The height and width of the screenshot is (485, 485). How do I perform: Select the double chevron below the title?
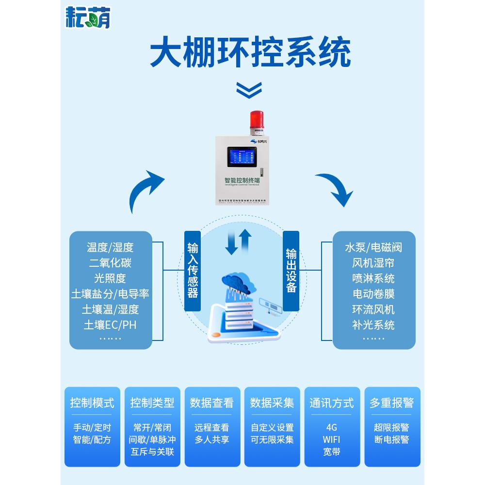click(x=249, y=89)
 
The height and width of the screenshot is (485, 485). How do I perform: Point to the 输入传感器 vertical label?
click(x=193, y=270)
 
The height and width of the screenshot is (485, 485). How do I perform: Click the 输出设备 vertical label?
click(x=291, y=270)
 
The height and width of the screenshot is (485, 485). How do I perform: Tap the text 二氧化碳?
click(x=110, y=263)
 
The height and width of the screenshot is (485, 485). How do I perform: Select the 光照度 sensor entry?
click(x=110, y=278)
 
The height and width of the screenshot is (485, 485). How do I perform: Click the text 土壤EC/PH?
click(x=110, y=324)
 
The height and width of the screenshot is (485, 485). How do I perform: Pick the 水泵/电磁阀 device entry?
click(x=373, y=248)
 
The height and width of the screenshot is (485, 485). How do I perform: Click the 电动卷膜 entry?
click(x=373, y=294)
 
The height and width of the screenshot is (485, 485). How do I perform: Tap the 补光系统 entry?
click(x=373, y=324)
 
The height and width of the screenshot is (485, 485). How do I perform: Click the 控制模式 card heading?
click(x=92, y=403)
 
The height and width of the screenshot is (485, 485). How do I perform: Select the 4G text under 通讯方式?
click(x=332, y=428)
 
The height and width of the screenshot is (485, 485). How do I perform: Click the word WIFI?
click(x=332, y=440)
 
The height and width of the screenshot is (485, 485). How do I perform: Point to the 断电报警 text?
click(x=392, y=440)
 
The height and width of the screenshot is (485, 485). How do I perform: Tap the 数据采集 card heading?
click(x=272, y=403)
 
